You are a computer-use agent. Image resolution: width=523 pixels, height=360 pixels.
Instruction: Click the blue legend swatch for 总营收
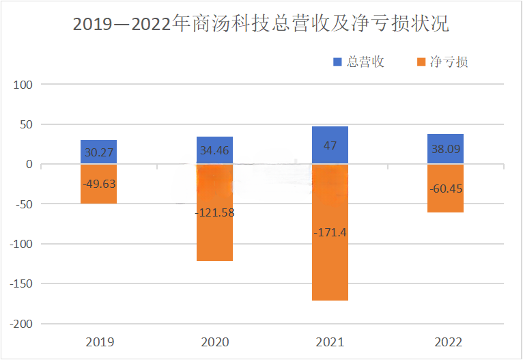pyautogui.click(x=337, y=62)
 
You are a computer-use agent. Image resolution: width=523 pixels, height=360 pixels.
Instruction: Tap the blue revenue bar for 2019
pyautogui.click(x=98, y=152)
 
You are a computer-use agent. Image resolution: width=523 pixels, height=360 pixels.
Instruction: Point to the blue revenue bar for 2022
pyautogui.click(x=445, y=149)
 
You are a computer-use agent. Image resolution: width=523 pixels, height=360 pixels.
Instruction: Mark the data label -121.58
pyautogui.click(x=214, y=212)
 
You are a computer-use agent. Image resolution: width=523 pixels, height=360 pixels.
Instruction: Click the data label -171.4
pyautogui.click(x=330, y=233)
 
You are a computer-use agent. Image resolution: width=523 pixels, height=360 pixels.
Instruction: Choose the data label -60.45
pyautogui.click(x=445, y=189)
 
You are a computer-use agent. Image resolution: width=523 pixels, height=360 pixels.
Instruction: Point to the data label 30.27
pyautogui.click(x=98, y=153)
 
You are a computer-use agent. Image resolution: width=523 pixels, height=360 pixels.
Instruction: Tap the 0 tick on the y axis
pyautogui.click(x=29, y=165)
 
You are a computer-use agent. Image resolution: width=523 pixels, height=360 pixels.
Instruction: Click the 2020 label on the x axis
pyautogui.click(x=214, y=342)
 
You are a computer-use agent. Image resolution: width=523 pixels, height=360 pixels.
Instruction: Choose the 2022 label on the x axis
pyautogui.click(x=445, y=342)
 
